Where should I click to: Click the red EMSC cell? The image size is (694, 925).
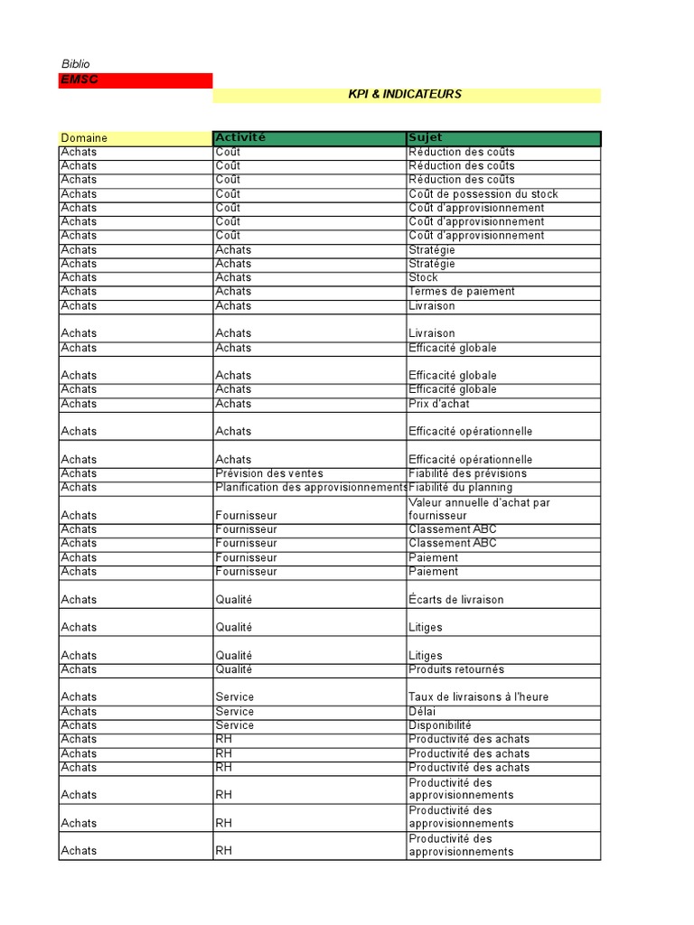click(135, 80)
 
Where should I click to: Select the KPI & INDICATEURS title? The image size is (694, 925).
click(405, 95)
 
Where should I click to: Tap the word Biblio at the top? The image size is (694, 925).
click(76, 64)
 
